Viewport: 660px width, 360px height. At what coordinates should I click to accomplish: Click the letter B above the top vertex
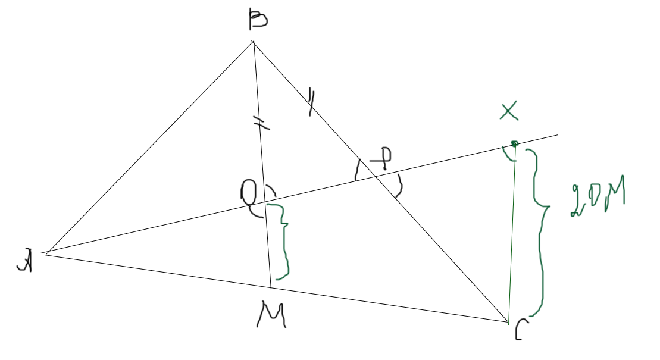[258, 20]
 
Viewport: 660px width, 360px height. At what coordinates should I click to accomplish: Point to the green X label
[509, 111]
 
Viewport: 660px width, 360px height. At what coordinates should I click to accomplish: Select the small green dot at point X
[514, 143]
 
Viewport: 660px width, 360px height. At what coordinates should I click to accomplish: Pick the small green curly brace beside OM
[281, 241]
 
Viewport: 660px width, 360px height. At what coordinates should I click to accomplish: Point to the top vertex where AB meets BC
[253, 42]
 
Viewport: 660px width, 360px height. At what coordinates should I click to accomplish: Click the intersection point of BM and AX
[265, 203]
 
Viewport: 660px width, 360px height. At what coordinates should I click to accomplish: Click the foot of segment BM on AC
[271, 289]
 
